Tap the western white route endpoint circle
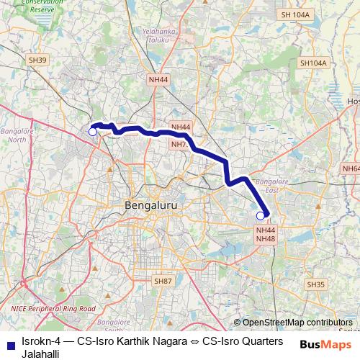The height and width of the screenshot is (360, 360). (x=92, y=131)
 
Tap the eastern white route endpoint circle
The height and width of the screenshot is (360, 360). (x=261, y=215)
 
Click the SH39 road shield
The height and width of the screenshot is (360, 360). (x=39, y=60)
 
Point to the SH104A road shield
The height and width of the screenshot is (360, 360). (x=313, y=63)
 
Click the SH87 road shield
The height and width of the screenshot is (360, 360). (x=163, y=280)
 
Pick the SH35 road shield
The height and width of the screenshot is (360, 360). (x=315, y=285)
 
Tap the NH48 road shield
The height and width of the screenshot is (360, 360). (x=266, y=238)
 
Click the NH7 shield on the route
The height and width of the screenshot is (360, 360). (x=179, y=144)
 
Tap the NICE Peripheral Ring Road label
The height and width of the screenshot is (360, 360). (x=53, y=309)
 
